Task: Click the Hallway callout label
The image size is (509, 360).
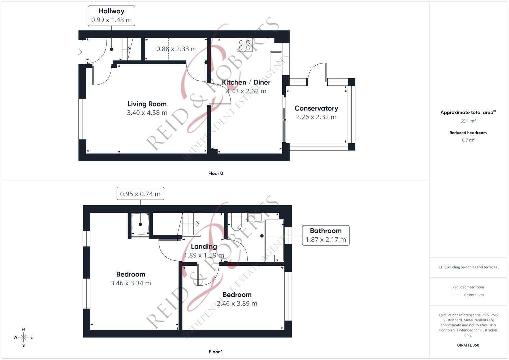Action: [111, 11]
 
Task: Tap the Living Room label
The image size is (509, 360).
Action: [147, 104]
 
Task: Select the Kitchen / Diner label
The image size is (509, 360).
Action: [246, 82]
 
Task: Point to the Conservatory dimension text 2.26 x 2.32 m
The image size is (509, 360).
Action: [316, 117]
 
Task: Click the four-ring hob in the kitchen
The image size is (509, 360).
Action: [245, 45]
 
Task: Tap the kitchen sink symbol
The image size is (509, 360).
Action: [276, 61]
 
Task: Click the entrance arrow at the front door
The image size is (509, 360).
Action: [79, 52]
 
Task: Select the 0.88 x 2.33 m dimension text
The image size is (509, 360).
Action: [176, 49]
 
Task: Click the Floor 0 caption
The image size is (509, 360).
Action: [216, 173]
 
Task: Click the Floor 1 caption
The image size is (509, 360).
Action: [216, 352]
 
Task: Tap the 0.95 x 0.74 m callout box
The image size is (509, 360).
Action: [140, 194]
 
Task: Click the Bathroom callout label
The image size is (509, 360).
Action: [326, 231]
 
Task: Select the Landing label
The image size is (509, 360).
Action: [204, 246]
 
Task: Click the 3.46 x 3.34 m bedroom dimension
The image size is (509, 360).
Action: [131, 283]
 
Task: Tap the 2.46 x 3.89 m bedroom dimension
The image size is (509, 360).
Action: [237, 304]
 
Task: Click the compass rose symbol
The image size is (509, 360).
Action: [23, 337]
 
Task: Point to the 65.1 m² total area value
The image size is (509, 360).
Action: [468, 121]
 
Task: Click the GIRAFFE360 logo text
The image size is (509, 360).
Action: [468, 345]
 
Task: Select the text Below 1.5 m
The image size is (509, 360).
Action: [474, 295]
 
